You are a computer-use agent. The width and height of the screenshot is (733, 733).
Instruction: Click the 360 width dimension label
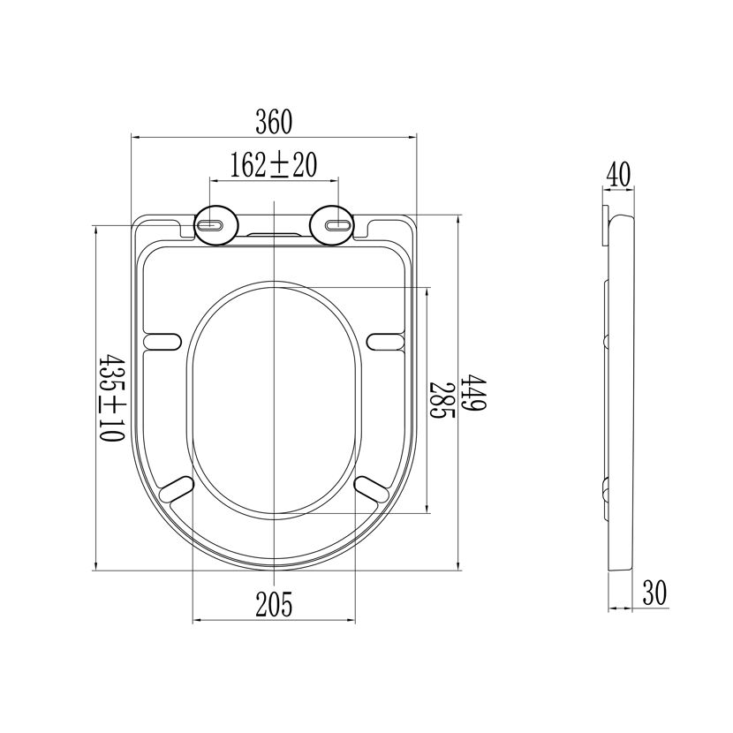274,122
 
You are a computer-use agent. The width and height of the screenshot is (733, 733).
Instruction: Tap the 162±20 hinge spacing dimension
274,164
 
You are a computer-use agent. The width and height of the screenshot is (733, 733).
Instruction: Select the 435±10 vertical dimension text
112,398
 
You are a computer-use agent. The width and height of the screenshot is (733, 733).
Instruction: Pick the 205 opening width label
274,604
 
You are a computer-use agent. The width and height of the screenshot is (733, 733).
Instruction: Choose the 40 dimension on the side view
618,174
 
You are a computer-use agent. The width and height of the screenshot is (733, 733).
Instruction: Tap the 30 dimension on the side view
654,593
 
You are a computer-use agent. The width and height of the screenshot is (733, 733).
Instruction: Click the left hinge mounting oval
216,225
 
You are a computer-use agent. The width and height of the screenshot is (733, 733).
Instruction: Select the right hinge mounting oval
332,225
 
